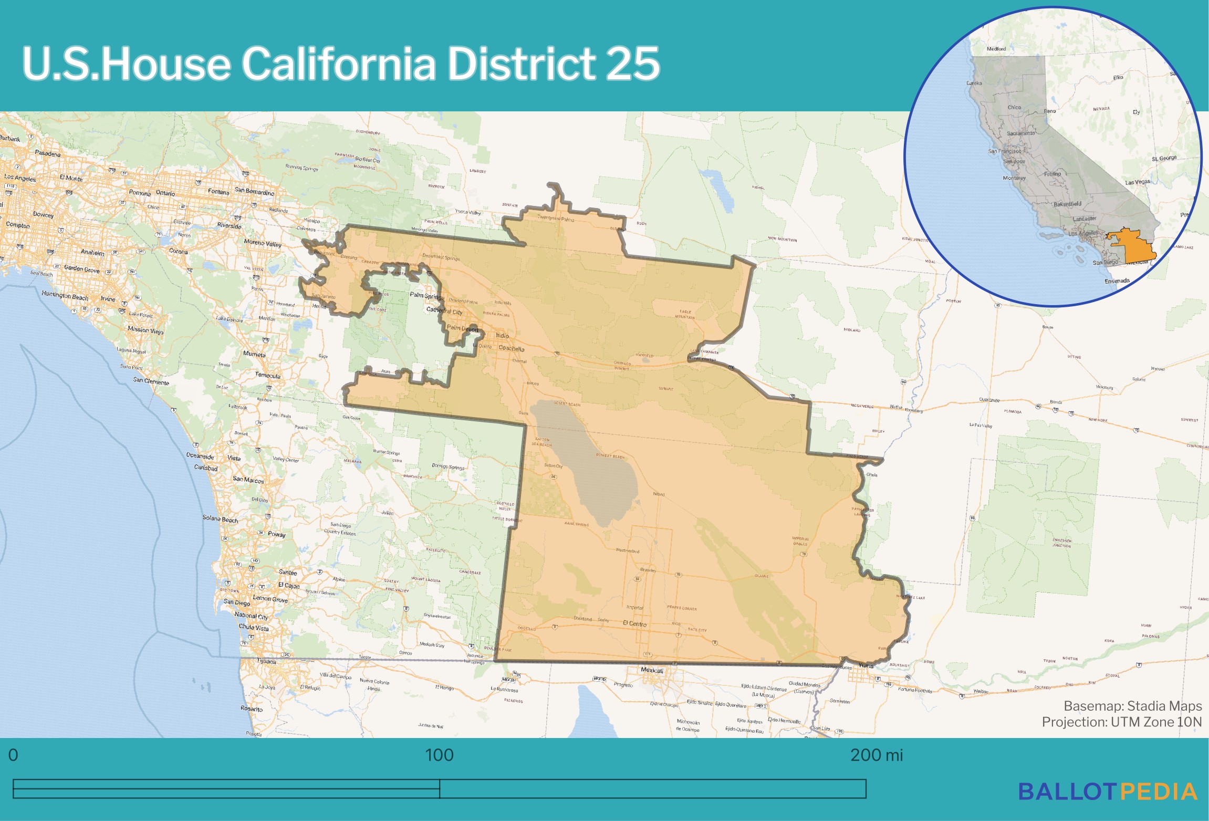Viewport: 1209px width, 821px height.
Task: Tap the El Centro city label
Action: [x=634, y=623]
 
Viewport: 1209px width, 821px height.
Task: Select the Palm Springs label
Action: [x=427, y=295]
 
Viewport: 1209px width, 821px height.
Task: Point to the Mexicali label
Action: [x=652, y=670]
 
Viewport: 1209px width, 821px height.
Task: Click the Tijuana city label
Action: [x=266, y=661]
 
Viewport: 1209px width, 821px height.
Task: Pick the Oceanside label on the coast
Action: [x=200, y=456]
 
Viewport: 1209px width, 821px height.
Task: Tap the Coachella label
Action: [x=511, y=348]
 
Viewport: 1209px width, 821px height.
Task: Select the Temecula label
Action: [x=268, y=376]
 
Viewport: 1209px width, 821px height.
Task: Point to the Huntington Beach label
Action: [x=65, y=296]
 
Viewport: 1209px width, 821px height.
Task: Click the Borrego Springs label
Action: [x=448, y=466]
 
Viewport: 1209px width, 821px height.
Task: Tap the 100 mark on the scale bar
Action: [x=439, y=755]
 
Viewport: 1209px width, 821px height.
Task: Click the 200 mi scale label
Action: [x=876, y=755]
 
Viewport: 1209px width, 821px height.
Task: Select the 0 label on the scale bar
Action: [x=13, y=755]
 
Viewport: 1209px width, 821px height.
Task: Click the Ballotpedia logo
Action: [x=1108, y=792]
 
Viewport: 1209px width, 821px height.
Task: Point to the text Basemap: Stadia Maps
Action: [x=1132, y=706]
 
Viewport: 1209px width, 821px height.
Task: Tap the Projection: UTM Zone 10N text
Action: [x=1121, y=722]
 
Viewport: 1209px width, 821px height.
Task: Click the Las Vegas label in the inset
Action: [x=1137, y=182]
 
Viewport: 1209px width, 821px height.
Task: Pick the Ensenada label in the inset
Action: [x=1117, y=281]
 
